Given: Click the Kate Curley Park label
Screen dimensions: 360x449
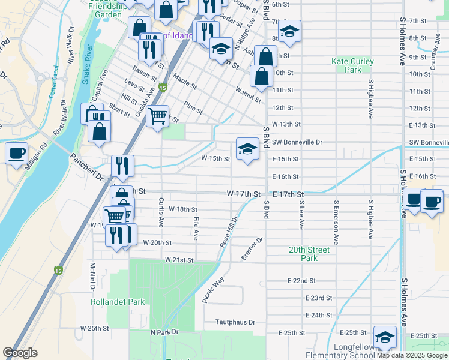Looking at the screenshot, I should click(x=352, y=65).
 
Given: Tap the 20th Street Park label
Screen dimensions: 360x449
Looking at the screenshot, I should click(x=309, y=254).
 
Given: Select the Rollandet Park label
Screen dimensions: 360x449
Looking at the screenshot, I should click(x=118, y=302).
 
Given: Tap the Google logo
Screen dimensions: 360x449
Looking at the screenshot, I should click(x=20, y=353).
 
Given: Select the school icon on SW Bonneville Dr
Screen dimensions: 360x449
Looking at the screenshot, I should click(x=247, y=149).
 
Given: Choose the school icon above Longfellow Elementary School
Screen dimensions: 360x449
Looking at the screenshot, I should click(x=385, y=337).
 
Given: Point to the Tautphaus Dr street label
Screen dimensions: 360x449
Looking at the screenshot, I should click(x=235, y=322).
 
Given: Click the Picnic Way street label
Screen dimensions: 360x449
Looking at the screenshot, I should click(x=213, y=290).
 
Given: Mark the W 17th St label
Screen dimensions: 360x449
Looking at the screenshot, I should click(x=243, y=194).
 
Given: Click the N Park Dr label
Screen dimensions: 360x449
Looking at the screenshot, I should click(x=161, y=332).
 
